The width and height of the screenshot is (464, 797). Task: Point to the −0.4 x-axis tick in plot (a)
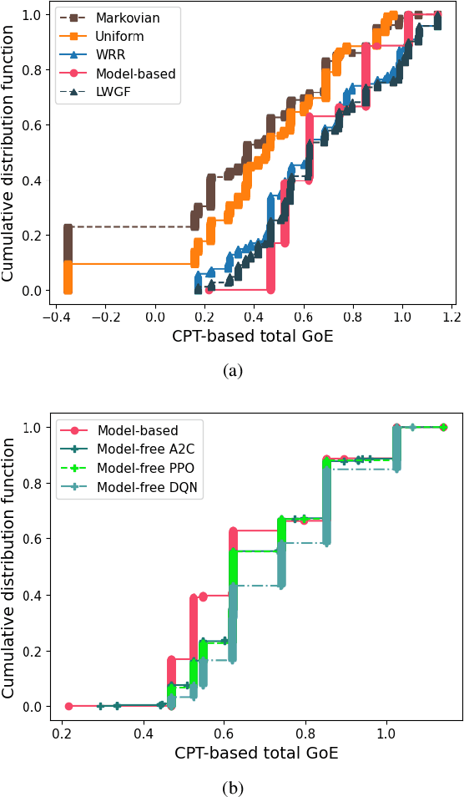(56, 317)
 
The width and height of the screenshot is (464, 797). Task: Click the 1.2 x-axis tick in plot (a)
(452, 317)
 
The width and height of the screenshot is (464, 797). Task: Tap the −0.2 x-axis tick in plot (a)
(105, 317)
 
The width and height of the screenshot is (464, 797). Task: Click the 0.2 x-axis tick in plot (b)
(63, 734)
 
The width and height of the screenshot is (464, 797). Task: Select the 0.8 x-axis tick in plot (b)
(305, 734)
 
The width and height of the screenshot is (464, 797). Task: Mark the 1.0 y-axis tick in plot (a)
(34, 15)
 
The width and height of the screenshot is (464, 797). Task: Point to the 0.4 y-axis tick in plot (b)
(34, 595)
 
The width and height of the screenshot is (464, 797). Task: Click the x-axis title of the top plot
(253, 338)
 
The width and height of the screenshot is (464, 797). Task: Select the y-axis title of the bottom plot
(10, 568)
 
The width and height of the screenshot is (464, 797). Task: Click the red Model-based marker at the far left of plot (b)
(69, 706)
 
